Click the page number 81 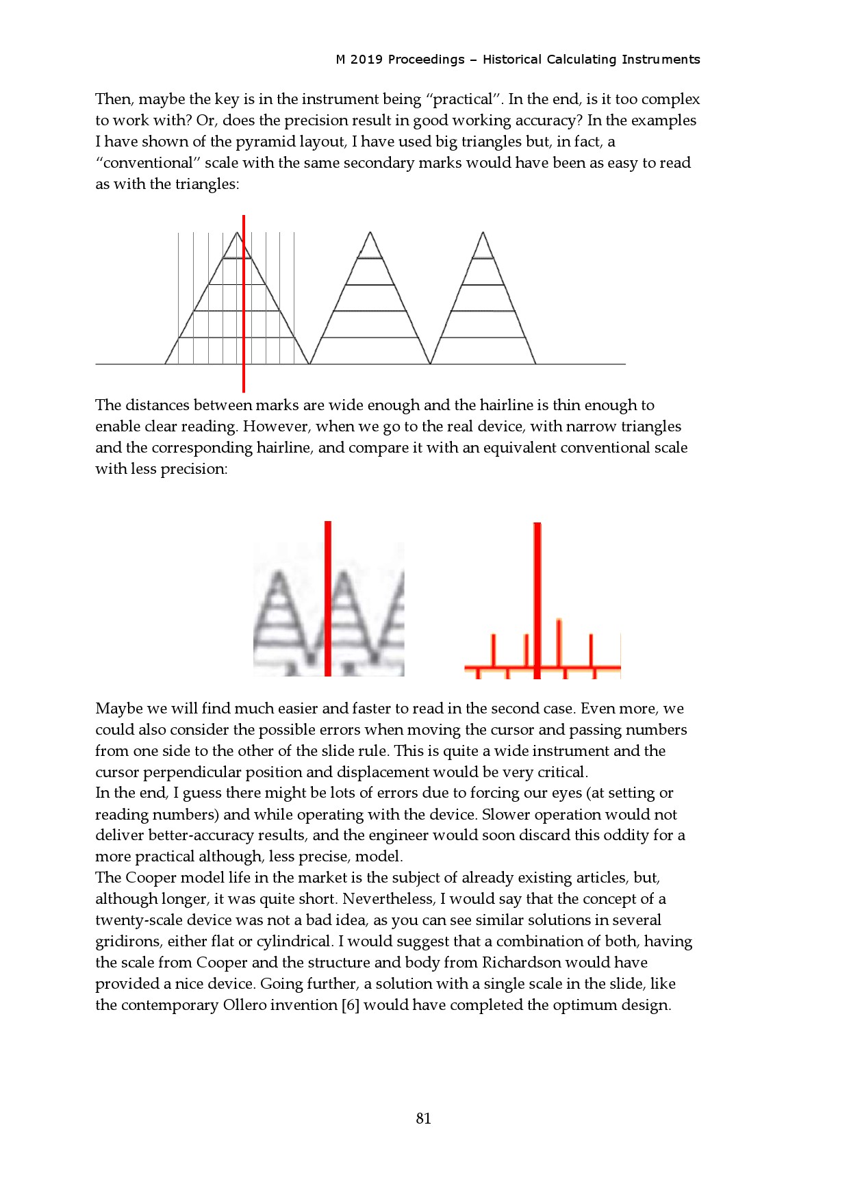click(x=423, y=1118)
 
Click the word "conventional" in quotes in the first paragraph click(x=147, y=163)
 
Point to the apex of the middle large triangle click(x=370, y=233)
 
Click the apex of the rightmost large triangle click(x=483, y=233)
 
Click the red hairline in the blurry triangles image click(x=328, y=599)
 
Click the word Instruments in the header click(x=661, y=60)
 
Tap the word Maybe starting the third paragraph click(x=118, y=709)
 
